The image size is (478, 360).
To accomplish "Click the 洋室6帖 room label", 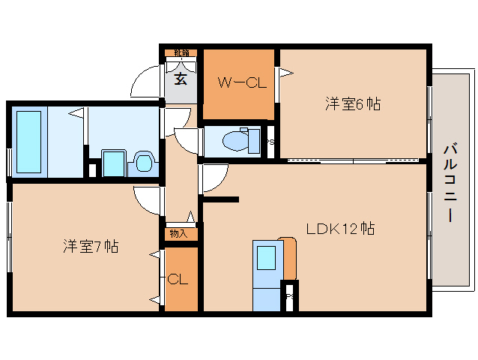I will tap(352, 104).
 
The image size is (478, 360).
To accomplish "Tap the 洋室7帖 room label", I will tap(91, 245).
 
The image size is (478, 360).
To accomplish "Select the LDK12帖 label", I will tap(340, 228).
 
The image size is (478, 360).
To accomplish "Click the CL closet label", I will tap(178, 280).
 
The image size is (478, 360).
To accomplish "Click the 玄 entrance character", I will tap(181, 78).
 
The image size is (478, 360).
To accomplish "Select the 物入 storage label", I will tap(179, 234).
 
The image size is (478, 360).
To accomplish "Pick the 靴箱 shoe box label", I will tap(181, 52).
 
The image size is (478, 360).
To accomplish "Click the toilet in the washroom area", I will tap(142, 163).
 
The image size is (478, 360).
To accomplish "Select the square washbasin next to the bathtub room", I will tap(113, 162).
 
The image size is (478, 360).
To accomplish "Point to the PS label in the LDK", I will tap(289, 297).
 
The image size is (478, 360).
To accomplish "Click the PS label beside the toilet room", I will tap(270, 141).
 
